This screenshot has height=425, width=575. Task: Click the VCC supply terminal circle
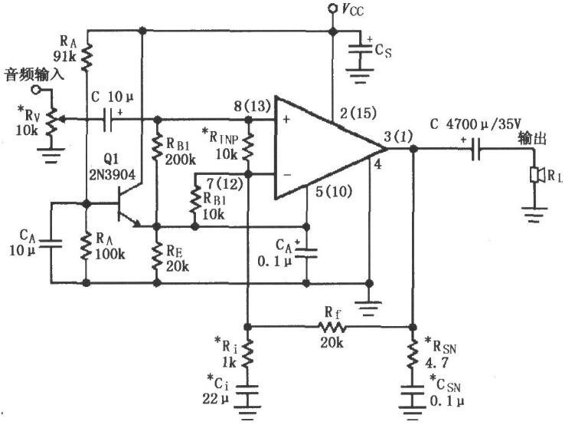coord(332,8)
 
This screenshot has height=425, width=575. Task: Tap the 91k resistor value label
coord(64,57)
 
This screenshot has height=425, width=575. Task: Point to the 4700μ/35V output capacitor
coord(476,149)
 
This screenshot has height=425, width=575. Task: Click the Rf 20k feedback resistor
coord(332,326)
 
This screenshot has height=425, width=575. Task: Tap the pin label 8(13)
coord(253,107)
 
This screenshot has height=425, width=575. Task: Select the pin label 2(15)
coord(358,113)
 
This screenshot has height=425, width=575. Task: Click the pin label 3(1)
coord(398,137)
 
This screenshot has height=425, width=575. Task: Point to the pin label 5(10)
coord(333,191)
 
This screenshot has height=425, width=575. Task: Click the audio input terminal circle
coord(35,89)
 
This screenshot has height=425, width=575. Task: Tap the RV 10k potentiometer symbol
coord(53,120)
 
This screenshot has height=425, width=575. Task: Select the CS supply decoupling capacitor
coord(361,50)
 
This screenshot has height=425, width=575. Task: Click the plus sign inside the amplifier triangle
coord(287,119)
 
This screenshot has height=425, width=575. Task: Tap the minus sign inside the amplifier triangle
coord(287,175)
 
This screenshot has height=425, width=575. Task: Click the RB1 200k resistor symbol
coord(157,147)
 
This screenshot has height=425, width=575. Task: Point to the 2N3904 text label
coord(113,174)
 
